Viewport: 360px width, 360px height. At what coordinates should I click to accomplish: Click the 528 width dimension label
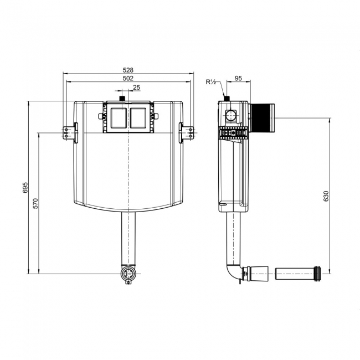(128, 70)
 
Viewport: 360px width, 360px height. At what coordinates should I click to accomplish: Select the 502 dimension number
(128, 79)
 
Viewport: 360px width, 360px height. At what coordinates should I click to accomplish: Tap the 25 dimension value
(136, 88)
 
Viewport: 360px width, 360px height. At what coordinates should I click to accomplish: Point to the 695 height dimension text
(25, 188)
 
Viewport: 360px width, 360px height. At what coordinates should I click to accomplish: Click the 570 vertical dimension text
(35, 203)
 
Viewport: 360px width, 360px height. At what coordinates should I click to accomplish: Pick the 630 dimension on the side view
(326, 196)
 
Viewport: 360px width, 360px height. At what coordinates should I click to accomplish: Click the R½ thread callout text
(211, 83)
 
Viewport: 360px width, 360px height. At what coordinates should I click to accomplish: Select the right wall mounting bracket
(187, 132)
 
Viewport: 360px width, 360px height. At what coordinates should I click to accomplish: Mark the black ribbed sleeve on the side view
(262, 117)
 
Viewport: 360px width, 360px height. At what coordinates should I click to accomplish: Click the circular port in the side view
(230, 115)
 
